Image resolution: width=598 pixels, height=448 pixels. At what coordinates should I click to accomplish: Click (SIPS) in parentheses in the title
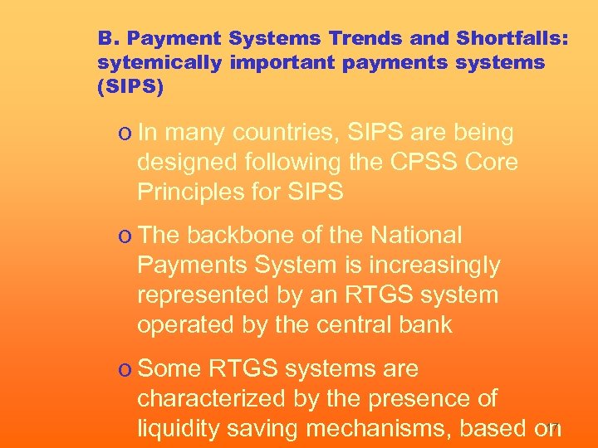[131, 86]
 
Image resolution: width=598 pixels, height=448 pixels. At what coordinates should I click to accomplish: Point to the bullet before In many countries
[123, 134]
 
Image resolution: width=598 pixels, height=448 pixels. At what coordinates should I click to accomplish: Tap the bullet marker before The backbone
[123, 236]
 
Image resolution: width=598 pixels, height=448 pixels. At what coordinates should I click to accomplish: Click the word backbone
[242, 236]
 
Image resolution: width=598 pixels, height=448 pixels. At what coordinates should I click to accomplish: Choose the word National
[416, 236]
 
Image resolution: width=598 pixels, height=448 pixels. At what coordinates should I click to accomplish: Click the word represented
[209, 295]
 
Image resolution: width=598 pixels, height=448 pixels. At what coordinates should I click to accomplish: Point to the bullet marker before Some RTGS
[123, 369]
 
